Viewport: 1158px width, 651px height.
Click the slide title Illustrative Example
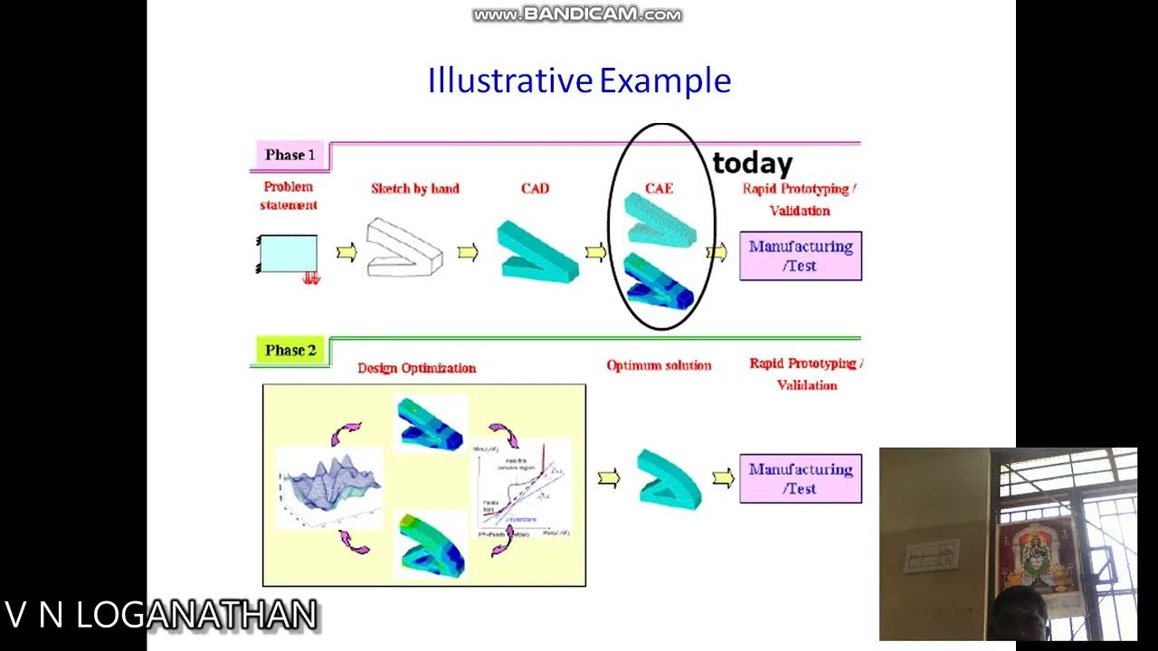click(579, 80)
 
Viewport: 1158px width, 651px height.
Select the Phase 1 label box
click(289, 156)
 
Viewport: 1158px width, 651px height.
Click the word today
click(752, 164)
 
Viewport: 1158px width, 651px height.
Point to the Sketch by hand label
click(415, 189)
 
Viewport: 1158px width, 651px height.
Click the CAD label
click(535, 189)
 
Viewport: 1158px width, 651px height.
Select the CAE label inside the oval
click(659, 189)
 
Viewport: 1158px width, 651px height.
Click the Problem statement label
click(289, 195)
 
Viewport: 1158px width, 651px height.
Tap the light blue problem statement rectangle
click(289, 254)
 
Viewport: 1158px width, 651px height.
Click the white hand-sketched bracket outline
click(403, 246)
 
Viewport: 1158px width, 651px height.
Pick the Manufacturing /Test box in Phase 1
click(801, 256)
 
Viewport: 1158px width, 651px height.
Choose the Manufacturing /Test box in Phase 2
click(801, 478)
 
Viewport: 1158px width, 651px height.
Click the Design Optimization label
click(416, 368)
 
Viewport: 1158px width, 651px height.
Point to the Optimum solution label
click(659, 365)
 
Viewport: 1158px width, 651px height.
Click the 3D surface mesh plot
click(329, 488)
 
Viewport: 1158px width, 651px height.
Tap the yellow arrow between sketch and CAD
click(468, 252)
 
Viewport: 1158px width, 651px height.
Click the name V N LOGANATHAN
click(161, 615)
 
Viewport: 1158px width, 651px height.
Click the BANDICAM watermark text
click(577, 14)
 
